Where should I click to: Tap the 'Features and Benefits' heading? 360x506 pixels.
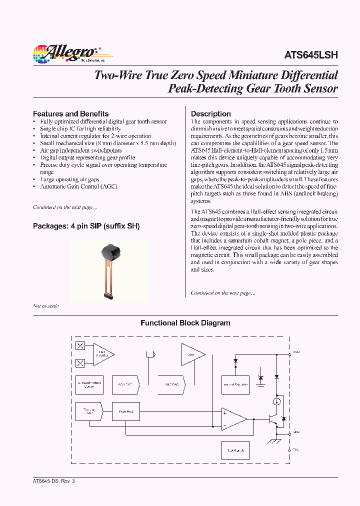point(70,113)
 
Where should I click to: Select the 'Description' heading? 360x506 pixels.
point(210,113)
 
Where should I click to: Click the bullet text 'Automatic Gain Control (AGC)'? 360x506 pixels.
point(78,186)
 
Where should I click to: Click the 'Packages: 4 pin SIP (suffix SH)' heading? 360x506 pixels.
point(86,226)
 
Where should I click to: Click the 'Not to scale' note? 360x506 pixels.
point(46,305)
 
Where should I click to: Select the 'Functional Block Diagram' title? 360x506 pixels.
point(185,323)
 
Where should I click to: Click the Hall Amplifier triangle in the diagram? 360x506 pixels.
point(101,354)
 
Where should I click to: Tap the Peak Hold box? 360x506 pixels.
point(125,411)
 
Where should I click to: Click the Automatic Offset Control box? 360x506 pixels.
point(89,384)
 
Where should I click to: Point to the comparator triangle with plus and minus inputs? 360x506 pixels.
point(233,418)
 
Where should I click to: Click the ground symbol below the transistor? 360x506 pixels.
point(274,440)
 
